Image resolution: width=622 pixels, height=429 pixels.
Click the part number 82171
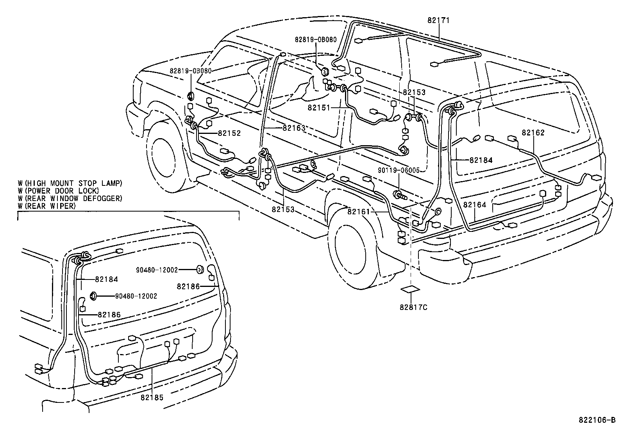click(438, 20)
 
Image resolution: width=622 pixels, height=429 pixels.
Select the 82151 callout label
click(319, 108)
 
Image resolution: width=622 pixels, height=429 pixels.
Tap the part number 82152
click(229, 133)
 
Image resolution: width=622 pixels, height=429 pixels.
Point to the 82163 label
click(294, 128)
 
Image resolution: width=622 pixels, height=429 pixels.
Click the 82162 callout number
click(533, 133)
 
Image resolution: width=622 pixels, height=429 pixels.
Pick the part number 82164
click(475, 205)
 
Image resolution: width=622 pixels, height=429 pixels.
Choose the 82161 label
click(359, 212)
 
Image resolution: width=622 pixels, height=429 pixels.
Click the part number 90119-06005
click(399, 170)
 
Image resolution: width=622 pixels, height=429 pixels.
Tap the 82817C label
click(413, 308)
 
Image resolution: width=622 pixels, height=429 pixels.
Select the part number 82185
click(152, 398)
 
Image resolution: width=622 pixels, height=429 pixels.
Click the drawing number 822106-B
click(597, 420)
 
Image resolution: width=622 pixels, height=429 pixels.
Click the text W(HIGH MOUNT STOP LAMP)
click(70, 183)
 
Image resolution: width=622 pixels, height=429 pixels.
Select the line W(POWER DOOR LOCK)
click(59, 191)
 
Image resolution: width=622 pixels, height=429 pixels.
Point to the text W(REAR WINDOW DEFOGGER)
click(70, 198)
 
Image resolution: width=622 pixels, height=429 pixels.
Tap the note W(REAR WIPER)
click(47, 206)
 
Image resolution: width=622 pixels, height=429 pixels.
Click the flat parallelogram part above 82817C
click(410, 289)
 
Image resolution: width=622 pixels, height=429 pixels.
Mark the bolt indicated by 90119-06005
click(400, 195)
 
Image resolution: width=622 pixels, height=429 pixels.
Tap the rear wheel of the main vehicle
click(351, 251)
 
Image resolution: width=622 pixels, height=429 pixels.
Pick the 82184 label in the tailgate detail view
click(106, 279)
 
